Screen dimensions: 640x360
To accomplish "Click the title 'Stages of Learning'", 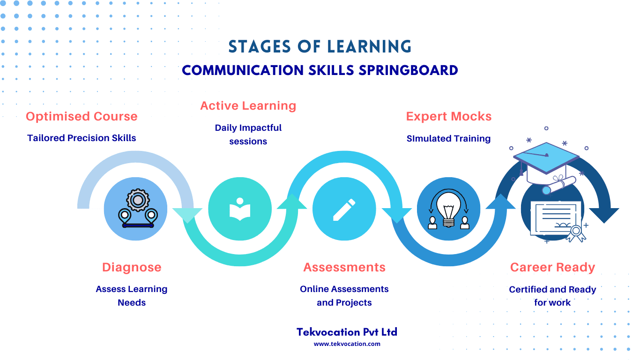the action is tap(320, 46).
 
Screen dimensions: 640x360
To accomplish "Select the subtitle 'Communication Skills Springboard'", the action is tap(320, 70).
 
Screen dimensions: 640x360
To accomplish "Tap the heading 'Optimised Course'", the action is tap(82, 116).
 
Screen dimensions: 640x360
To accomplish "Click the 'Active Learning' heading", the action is tap(248, 106).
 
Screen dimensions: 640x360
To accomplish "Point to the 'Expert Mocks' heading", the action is tap(448, 116).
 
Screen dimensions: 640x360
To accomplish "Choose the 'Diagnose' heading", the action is tap(132, 267).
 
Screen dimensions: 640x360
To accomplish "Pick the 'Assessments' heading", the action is tap(344, 267).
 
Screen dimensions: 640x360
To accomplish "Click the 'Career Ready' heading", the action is tap(552, 267).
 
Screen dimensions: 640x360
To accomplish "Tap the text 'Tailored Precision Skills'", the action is tap(82, 138).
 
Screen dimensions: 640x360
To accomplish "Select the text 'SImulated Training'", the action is tap(448, 139).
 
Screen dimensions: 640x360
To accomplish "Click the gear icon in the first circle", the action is tap(138, 200).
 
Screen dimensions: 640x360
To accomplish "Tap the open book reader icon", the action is tap(240, 209).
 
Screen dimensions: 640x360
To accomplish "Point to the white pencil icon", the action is tap(344, 210).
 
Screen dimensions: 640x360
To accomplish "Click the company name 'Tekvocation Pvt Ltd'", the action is tap(347, 332).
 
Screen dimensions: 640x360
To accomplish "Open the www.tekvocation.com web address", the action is tap(347, 344).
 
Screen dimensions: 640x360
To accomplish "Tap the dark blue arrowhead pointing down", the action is tap(604, 215).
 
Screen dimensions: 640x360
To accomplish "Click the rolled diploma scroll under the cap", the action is tap(559, 186).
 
